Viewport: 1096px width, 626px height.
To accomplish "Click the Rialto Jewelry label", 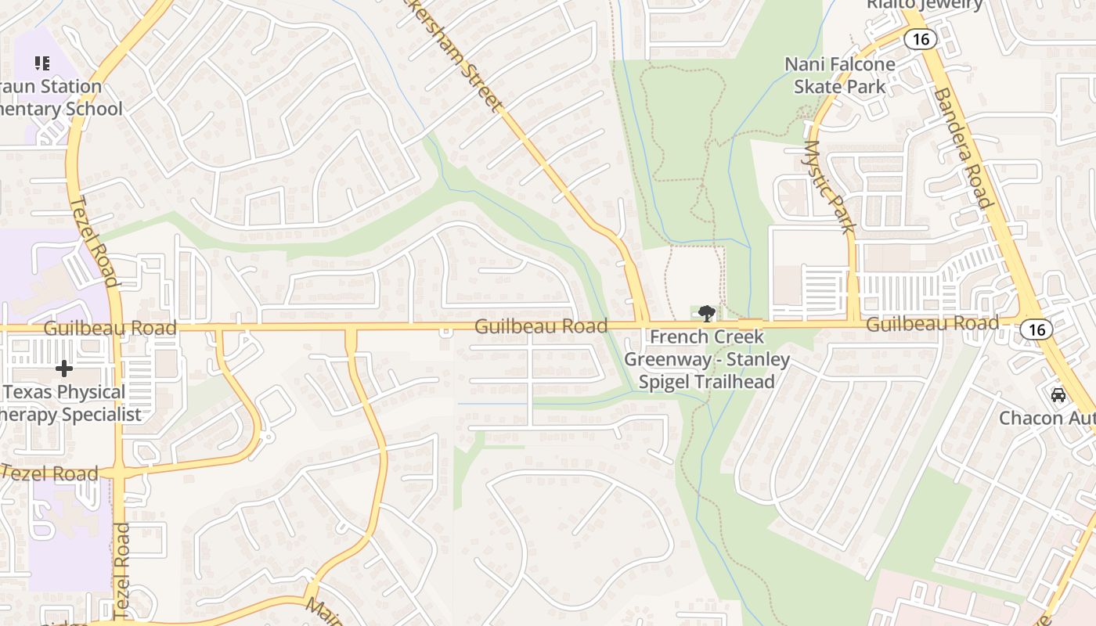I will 924,5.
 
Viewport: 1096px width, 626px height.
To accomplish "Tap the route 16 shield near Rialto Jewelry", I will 921,38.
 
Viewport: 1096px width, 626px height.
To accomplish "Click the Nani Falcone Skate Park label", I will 840,75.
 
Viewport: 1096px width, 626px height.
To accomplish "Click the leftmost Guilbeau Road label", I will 110,328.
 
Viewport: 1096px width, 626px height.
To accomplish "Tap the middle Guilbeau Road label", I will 541,326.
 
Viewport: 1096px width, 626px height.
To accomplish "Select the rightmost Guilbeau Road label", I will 932,323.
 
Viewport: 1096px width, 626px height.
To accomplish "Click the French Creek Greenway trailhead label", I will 707,359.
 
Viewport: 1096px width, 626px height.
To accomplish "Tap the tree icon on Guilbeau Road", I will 707,314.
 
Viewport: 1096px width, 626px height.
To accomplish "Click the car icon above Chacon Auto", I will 1058,395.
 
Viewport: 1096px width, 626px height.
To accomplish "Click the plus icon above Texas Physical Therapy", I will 64,368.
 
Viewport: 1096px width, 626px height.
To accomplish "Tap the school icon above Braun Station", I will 41,63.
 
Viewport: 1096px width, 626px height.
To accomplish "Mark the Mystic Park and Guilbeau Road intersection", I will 853,322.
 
